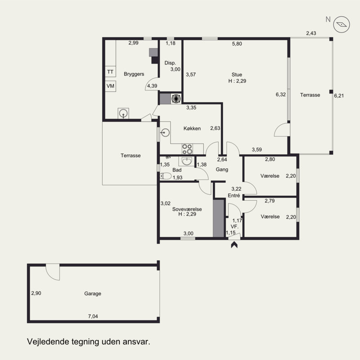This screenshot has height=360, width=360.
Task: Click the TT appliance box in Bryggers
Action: click(x=110, y=72)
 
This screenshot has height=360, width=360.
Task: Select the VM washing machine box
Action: click(x=110, y=86)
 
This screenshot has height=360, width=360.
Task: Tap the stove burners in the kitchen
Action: click(x=187, y=149)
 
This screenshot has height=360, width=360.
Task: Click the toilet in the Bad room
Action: click(x=166, y=176)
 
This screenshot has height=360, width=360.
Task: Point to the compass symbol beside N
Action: click(x=342, y=24)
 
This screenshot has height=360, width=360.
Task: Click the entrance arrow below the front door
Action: click(x=234, y=245)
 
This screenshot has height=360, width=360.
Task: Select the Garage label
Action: click(x=93, y=293)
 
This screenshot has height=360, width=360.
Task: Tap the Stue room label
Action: click(x=237, y=75)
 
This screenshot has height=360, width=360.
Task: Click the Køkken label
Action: click(x=192, y=128)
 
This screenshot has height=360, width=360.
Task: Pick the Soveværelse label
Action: click(x=187, y=209)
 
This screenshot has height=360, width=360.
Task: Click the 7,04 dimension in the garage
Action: click(x=93, y=316)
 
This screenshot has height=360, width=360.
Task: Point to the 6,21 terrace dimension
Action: click(x=339, y=95)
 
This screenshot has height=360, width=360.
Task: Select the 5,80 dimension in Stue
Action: click(x=237, y=44)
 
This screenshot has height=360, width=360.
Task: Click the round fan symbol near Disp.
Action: click(x=176, y=99)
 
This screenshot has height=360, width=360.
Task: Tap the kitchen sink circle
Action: click(x=165, y=132)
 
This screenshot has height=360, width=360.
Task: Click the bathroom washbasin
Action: click(x=187, y=161)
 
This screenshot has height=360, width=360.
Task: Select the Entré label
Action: click(x=234, y=195)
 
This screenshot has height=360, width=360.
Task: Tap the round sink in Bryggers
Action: click(x=123, y=113)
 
